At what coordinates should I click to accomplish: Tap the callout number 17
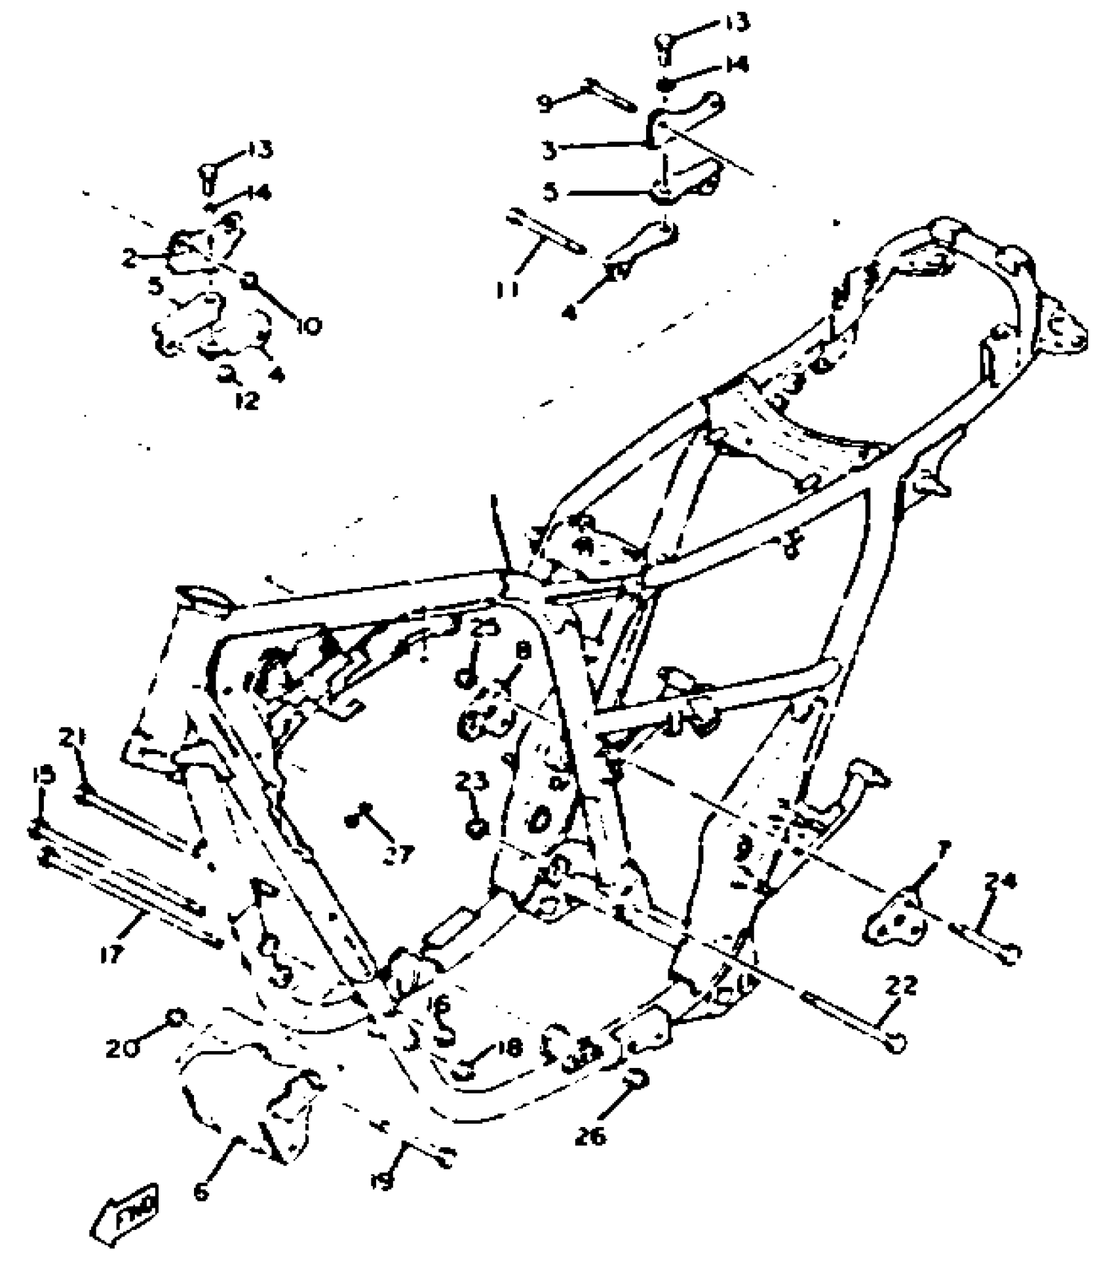[112, 953]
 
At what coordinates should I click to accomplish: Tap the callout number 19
[385, 1180]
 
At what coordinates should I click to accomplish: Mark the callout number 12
[247, 400]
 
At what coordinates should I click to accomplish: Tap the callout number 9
[545, 104]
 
